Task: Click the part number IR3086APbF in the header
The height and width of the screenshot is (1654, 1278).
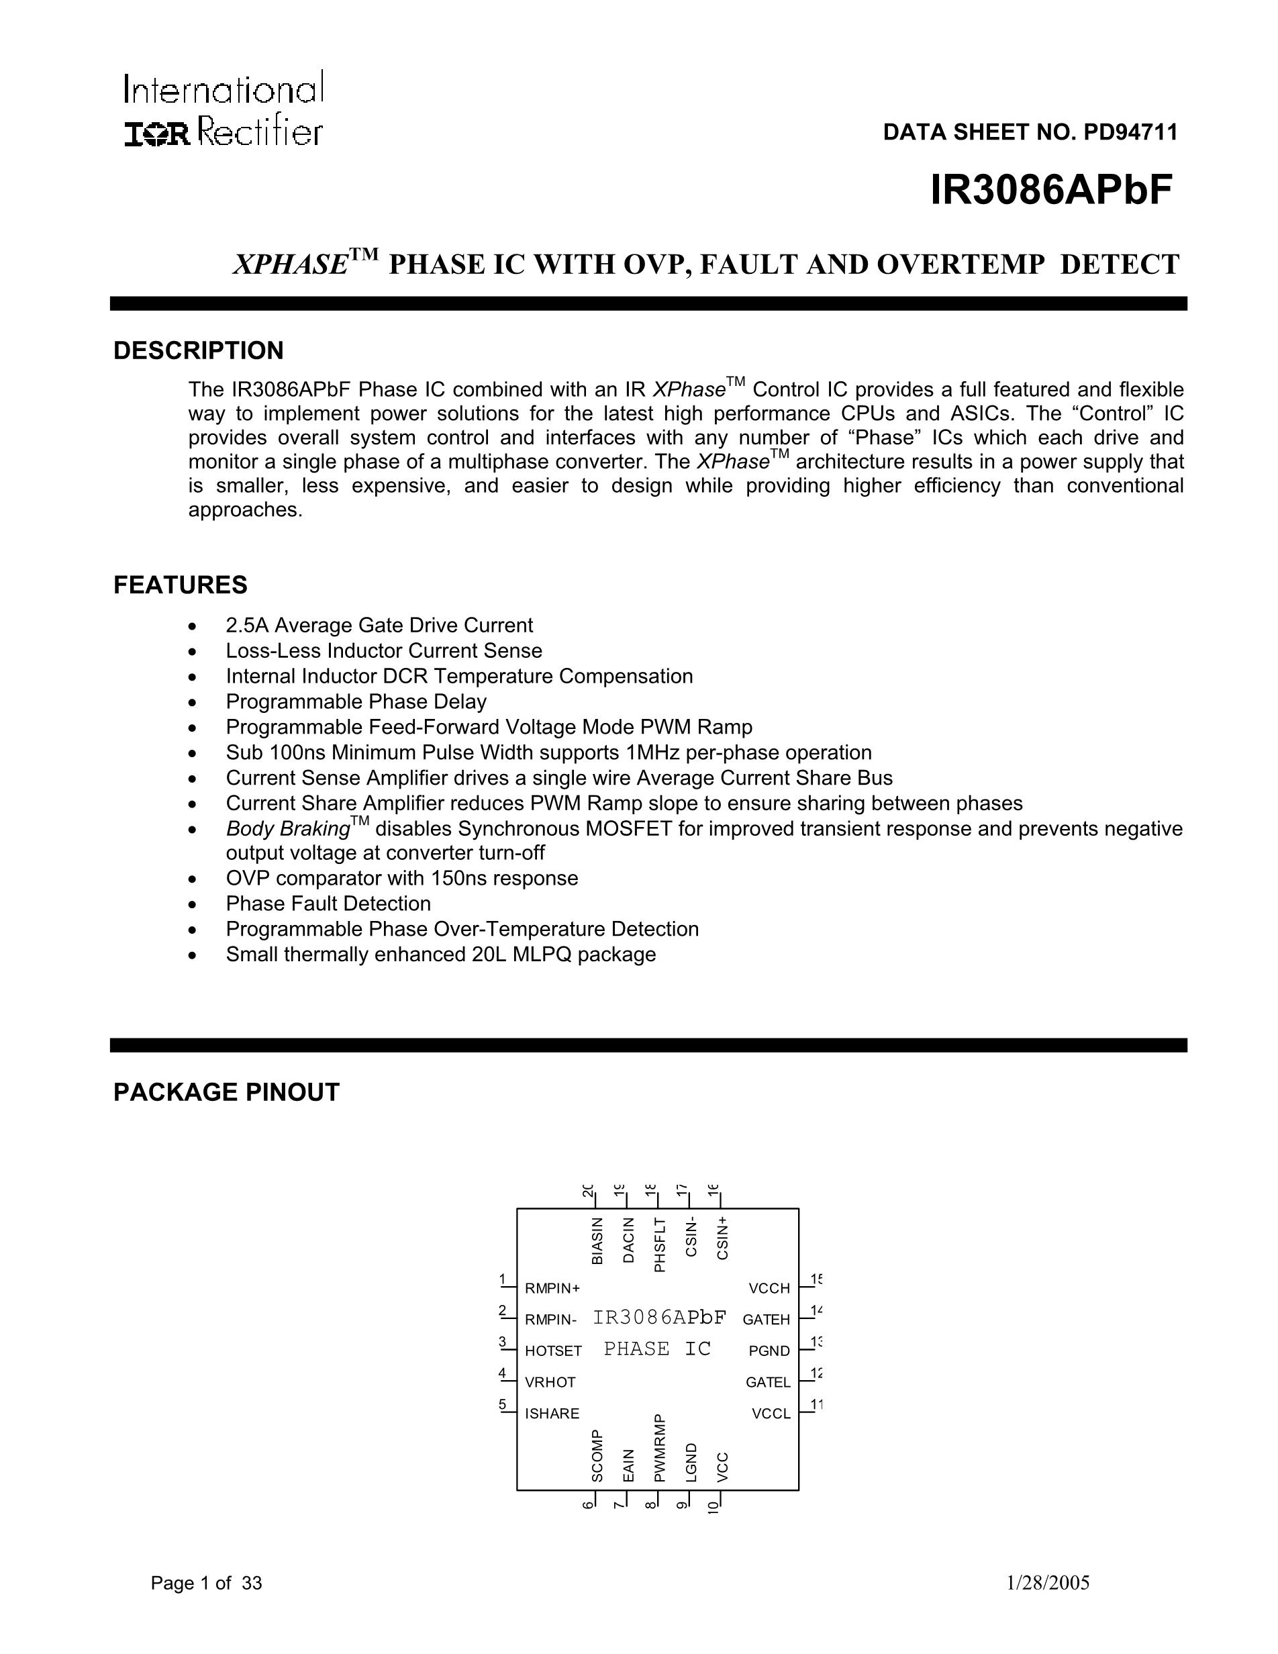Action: (x=1051, y=189)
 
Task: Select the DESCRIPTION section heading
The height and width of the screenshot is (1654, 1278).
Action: (x=199, y=350)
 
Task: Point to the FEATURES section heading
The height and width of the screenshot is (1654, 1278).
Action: (x=180, y=585)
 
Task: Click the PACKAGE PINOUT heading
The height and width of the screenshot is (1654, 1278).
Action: (x=226, y=1092)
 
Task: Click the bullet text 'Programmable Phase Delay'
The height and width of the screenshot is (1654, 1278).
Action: (x=356, y=701)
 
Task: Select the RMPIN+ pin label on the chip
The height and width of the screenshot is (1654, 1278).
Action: (x=552, y=1288)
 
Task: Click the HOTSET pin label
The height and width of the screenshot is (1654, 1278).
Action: (x=554, y=1351)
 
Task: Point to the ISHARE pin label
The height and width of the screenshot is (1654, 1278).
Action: (x=552, y=1413)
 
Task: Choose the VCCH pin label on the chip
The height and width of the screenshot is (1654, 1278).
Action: (x=769, y=1288)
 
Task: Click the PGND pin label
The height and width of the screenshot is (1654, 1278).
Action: (x=769, y=1351)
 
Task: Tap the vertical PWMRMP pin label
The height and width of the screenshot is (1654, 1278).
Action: (x=659, y=1447)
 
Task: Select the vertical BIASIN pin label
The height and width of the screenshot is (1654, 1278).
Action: (x=597, y=1240)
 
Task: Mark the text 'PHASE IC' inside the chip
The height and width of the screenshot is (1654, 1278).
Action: (x=657, y=1349)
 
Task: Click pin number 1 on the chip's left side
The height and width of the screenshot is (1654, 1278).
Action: (x=502, y=1280)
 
